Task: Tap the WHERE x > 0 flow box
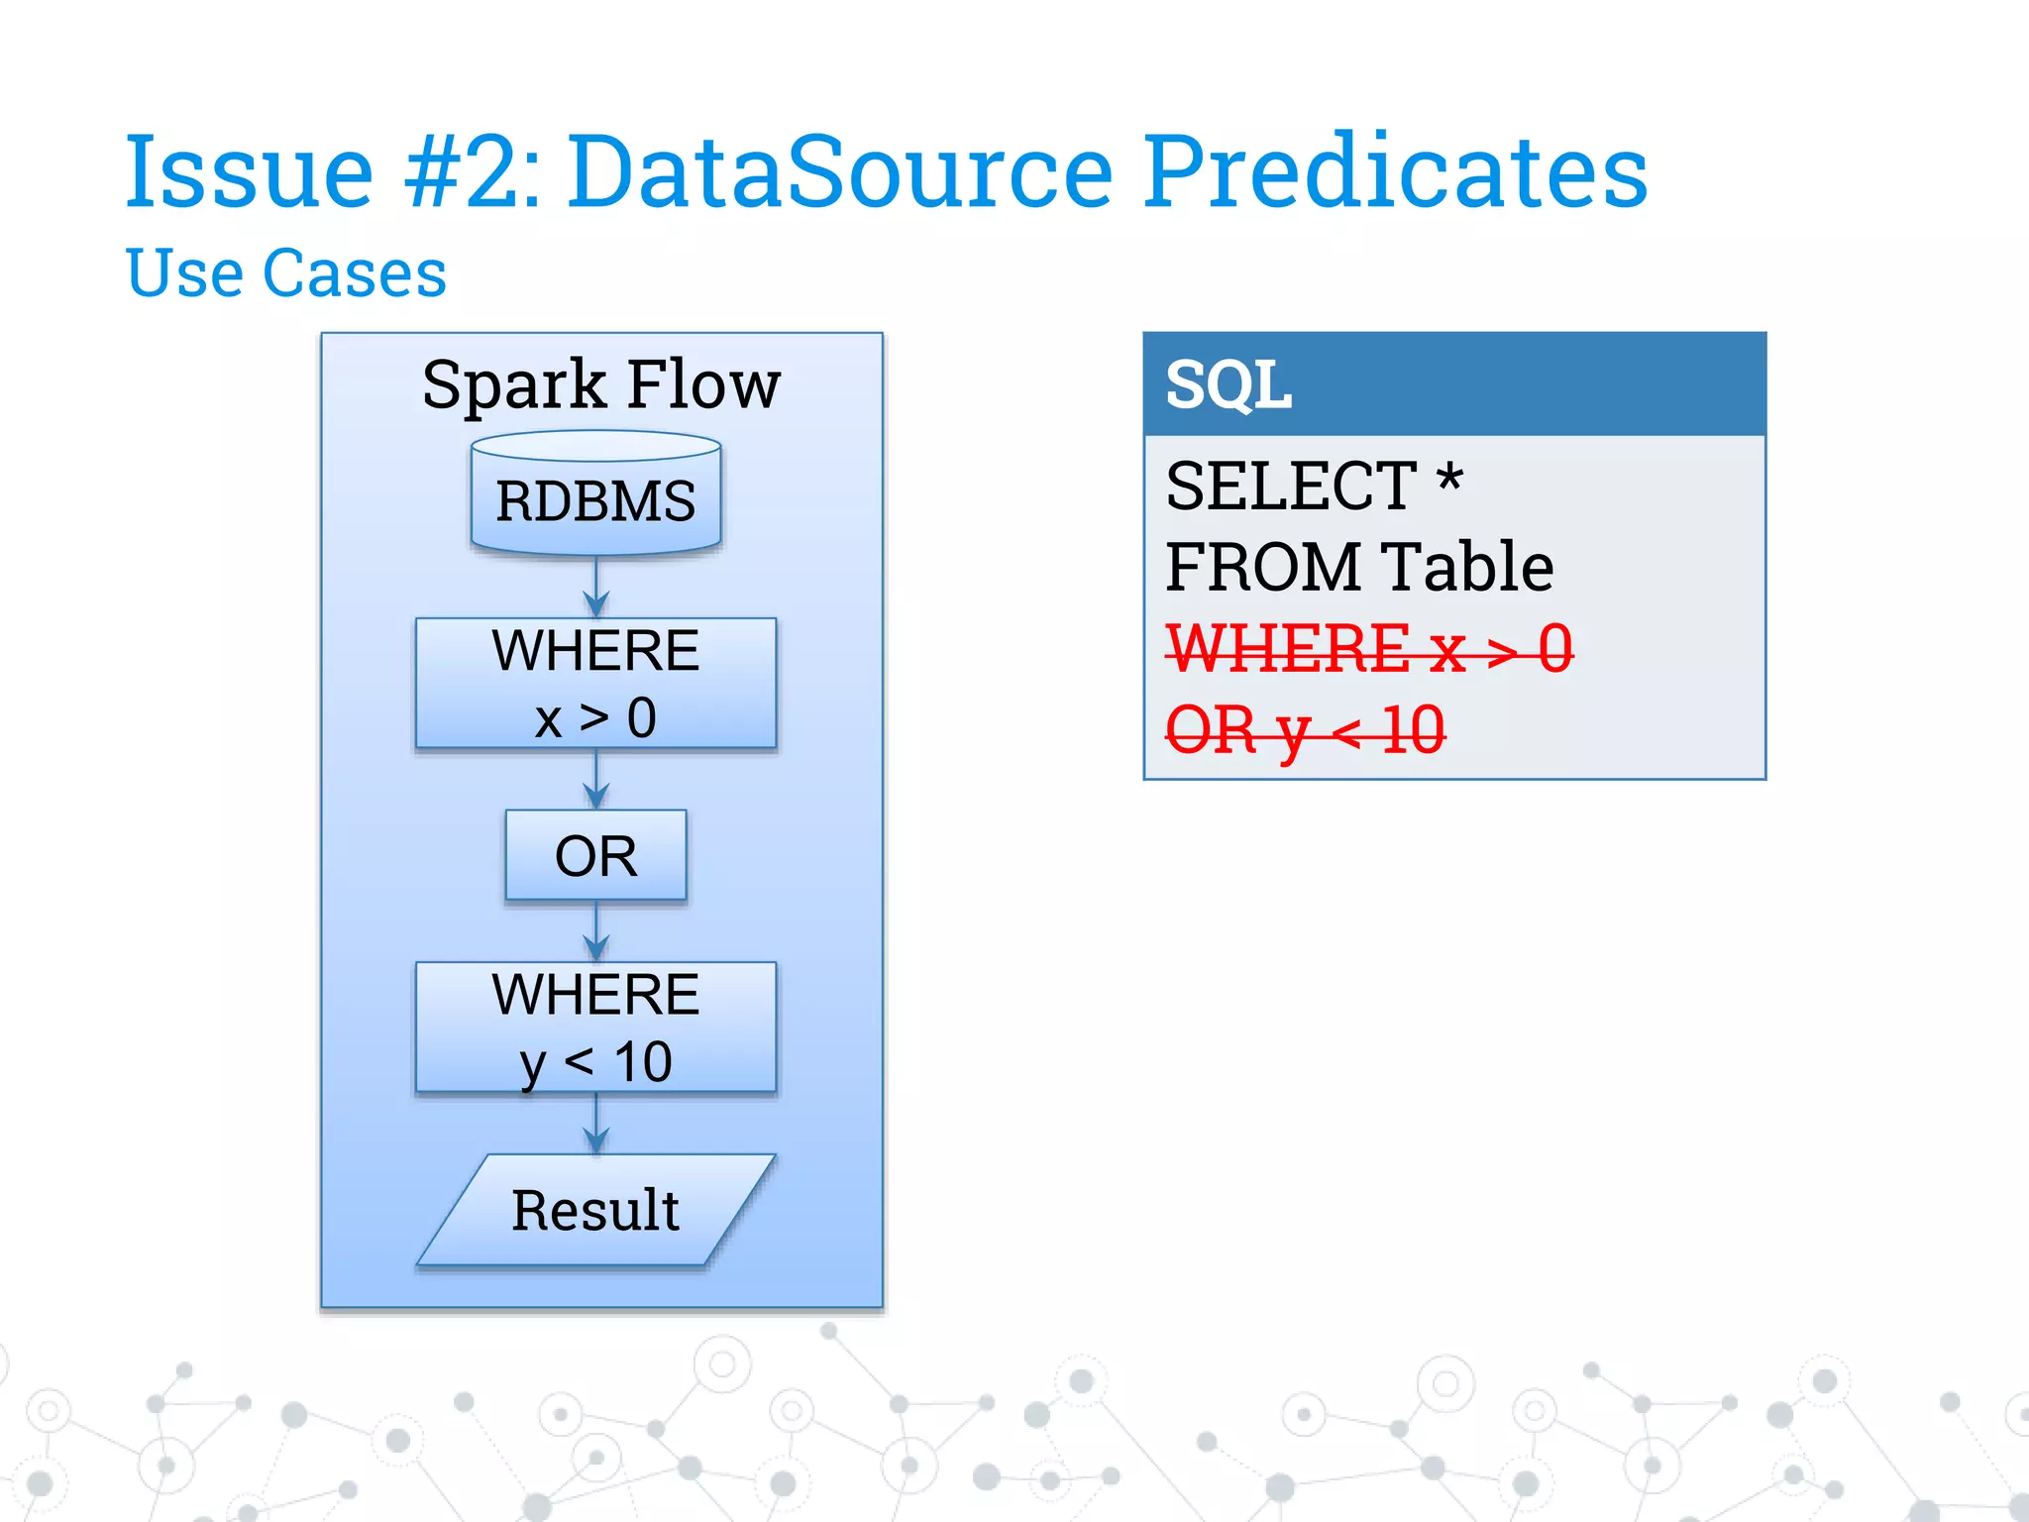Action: click(595, 684)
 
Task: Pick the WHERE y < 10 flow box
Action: click(595, 1028)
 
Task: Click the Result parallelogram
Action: click(595, 1210)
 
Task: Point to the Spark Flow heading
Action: click(600, 384)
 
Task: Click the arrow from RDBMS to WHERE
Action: click(595, 588)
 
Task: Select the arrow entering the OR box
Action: click(595, 780)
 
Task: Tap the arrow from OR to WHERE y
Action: click(595, 931)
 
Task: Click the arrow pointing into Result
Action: click(595, 1125)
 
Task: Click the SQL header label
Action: click(1228, 384)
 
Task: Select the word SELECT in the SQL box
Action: click(1291, 487)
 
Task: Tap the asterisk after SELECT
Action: click(1449, 481)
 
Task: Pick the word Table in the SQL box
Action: click(1467, 567)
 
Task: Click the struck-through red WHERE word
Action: click(1288, 649)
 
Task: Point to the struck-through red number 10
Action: click(1413, 731)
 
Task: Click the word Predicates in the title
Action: click(1396, 172)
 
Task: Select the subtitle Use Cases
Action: click(286, 272)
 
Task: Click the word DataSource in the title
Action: click(840, 172)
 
